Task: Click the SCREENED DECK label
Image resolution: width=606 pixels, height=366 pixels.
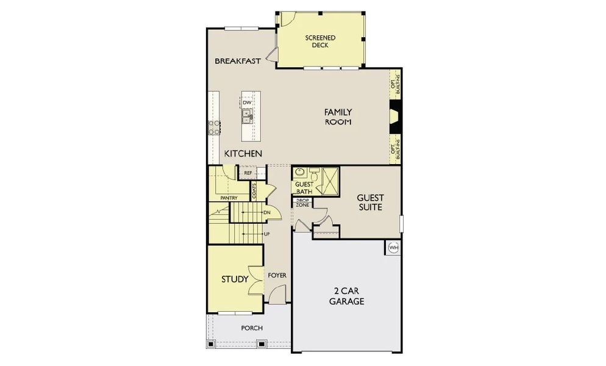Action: tap(320, 41)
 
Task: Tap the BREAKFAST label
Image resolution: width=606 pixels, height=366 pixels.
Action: tap(238, 61)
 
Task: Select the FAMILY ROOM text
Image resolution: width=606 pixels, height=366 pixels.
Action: tap(338, 117)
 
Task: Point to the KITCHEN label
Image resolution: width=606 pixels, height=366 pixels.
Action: tap(243, 154)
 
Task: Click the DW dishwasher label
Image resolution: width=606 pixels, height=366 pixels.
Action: tap(247, 102)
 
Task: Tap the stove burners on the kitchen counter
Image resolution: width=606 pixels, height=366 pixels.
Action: tap(215, 127)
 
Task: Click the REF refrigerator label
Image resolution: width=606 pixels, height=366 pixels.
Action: tap(248, 173)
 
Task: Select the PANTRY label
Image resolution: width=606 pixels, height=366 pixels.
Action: tap(229, 198)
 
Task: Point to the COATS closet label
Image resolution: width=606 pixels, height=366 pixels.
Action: tap(254, 190)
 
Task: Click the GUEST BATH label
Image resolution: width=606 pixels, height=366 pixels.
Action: tap(303, 188)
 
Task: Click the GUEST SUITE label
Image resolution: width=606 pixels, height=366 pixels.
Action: tap(369, 203)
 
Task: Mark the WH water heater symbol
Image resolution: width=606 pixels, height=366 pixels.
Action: tap(393, 248)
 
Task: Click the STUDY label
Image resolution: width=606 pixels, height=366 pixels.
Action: tap(235, 280)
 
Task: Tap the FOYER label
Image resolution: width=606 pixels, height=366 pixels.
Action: tap(277, 276)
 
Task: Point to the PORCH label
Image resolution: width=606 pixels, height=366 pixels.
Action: tap(252, 328)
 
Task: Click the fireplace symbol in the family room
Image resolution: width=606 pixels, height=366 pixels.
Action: tap(394, 116)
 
